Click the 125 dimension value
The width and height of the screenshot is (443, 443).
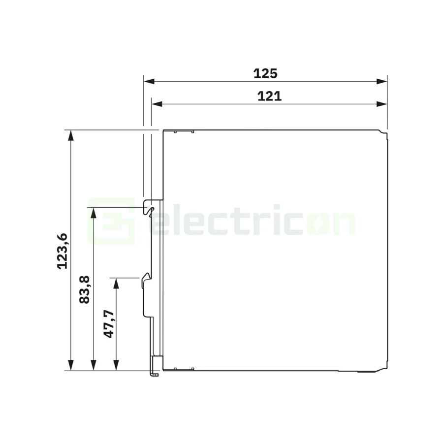pos(265,73)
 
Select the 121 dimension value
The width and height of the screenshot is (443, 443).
pos(269,96)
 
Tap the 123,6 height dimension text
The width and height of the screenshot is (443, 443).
pos(62,251)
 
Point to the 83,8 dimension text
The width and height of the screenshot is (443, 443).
pos(84,289)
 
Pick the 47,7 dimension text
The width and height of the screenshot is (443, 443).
pos(108,324)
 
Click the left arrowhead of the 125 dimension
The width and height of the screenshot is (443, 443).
pos(149,81)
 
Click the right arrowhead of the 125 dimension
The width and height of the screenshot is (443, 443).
pos(381,81)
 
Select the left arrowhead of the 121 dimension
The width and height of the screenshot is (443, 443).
pos(157,104)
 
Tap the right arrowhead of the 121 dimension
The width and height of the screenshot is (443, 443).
pos(381,104)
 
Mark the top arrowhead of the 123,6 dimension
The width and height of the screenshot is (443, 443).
pos(70,135)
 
